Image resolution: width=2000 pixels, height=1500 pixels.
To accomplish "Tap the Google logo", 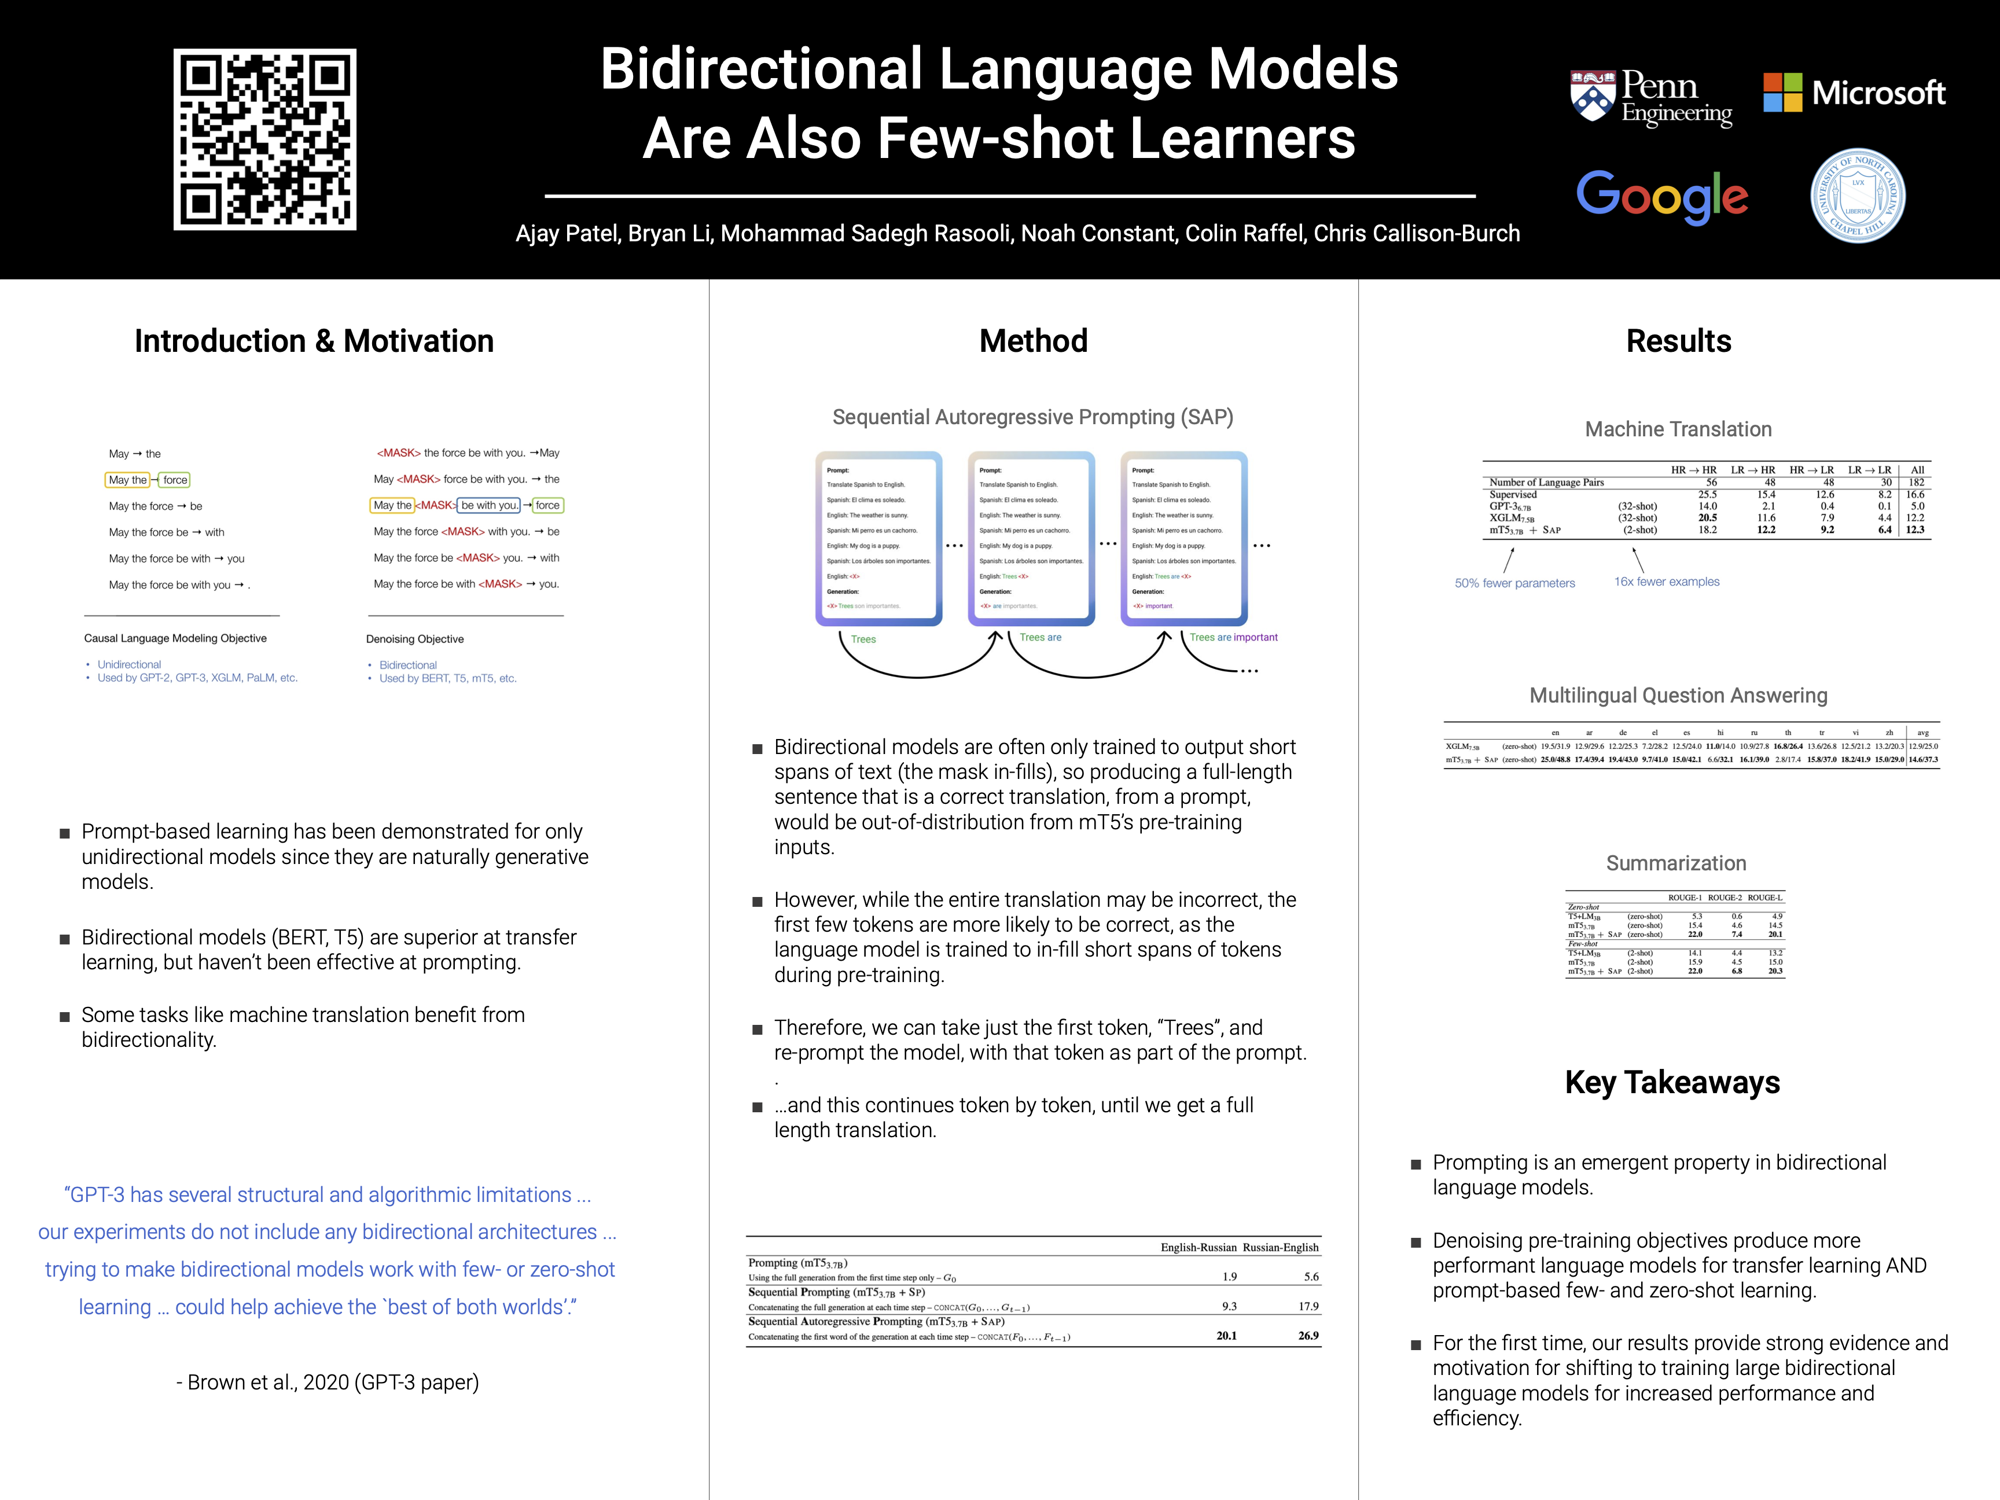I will pos(1662,196).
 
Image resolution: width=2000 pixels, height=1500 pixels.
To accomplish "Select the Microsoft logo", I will pos(1854,92).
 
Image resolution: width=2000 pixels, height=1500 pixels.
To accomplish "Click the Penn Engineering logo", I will pos(1651,98).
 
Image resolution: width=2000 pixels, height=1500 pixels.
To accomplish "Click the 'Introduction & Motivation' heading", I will pos(314,341).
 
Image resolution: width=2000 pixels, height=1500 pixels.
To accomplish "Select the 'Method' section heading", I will pos(1034,341).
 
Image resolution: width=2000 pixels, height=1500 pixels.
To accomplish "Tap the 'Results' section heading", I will pos(1678,341).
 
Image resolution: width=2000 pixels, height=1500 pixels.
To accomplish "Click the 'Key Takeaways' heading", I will pos(1672,1082).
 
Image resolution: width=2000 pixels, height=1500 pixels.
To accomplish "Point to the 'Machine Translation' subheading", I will pos(1678,429).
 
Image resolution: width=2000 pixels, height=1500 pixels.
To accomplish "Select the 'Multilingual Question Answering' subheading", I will pos(1678,695).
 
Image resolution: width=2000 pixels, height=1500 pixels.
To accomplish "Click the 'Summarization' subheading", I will pos(1675,863).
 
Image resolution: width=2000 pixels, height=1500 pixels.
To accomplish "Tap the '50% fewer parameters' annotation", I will pos(1514,583).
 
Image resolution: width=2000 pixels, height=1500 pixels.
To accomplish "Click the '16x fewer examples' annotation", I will pos(1666,582).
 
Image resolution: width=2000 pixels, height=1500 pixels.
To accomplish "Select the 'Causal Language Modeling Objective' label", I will pos(175,638).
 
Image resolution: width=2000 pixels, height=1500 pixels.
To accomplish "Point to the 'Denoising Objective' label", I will pos(415,639).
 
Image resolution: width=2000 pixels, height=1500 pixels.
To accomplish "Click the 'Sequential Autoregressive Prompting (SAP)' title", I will pos(1032,417).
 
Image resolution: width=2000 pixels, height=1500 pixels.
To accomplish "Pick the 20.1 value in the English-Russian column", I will pos(1226,1336).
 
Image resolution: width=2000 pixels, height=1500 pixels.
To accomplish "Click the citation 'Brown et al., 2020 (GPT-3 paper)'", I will pos(328,1383).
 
